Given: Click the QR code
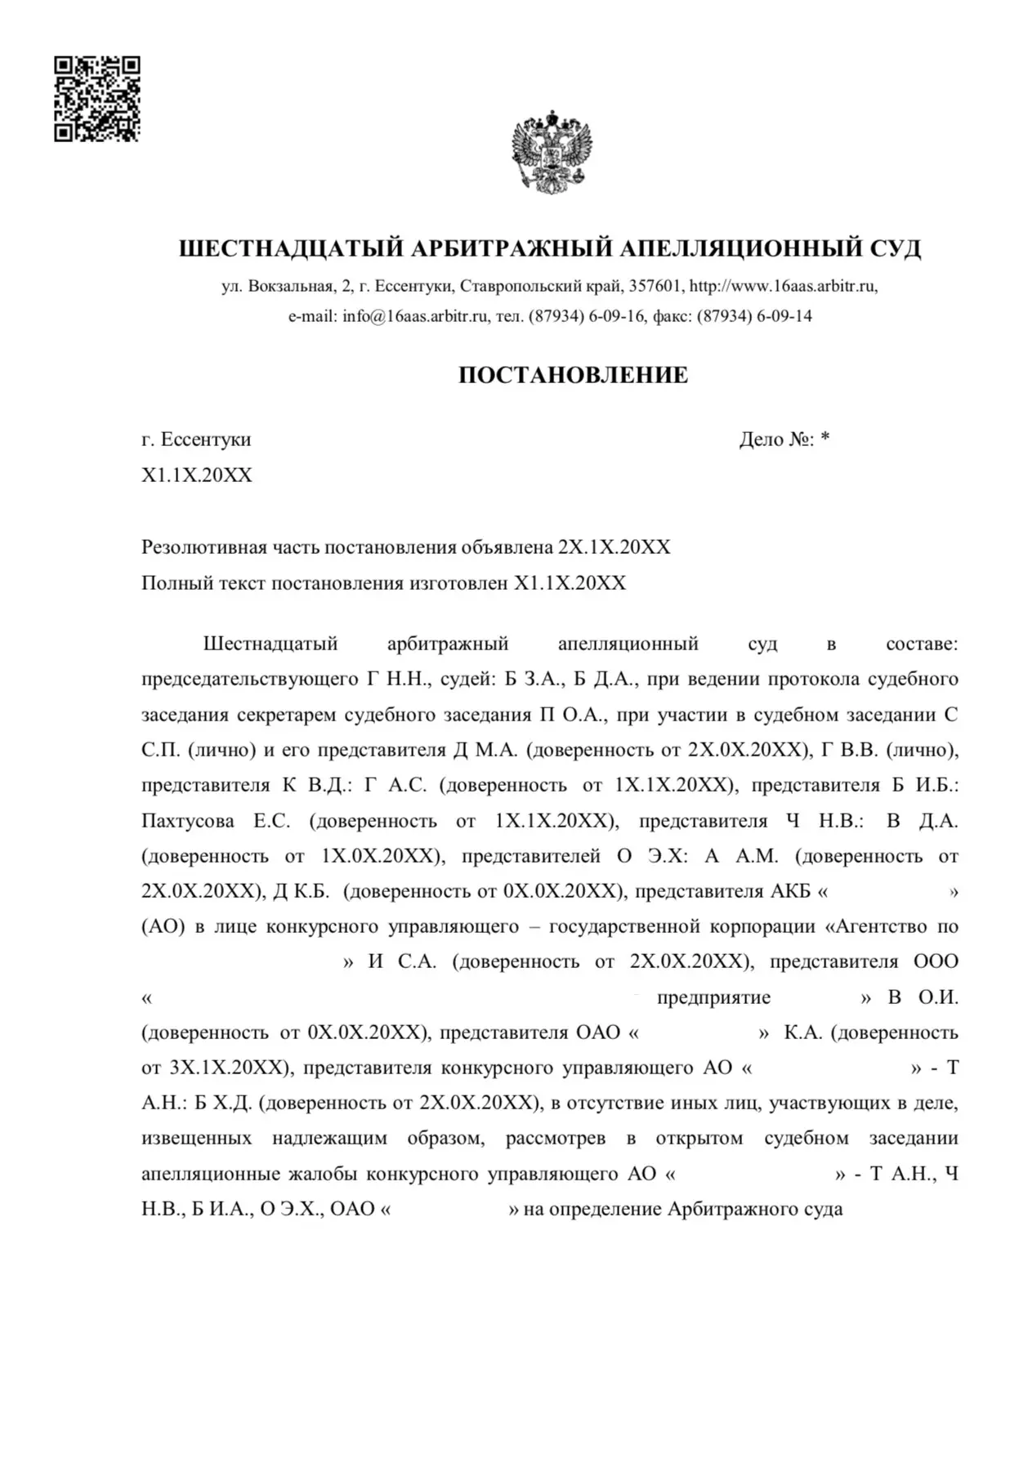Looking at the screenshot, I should pos(97,99).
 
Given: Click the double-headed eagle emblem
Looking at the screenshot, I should pos(552,151).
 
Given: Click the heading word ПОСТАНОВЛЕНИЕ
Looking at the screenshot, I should pos(573,375).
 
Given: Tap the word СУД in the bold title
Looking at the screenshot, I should pos(895,248).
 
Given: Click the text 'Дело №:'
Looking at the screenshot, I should pos(776,439).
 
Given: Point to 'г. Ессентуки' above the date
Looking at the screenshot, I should pos(196,439).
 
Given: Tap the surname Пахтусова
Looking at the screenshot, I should pos(187,821).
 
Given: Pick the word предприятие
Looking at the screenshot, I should pos(713,997).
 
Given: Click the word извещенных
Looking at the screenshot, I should pos(196,1139).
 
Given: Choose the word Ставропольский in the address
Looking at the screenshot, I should pos(520,287).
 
